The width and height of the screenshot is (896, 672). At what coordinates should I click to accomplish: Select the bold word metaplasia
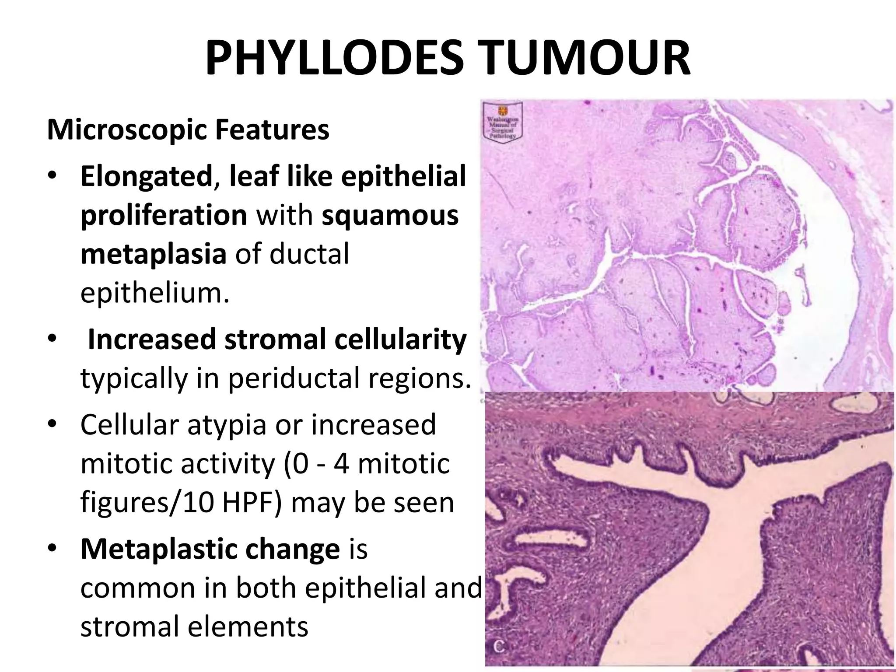[x=153, y=254]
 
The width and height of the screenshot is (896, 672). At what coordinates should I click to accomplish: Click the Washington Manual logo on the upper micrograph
[x=503, y=122]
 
